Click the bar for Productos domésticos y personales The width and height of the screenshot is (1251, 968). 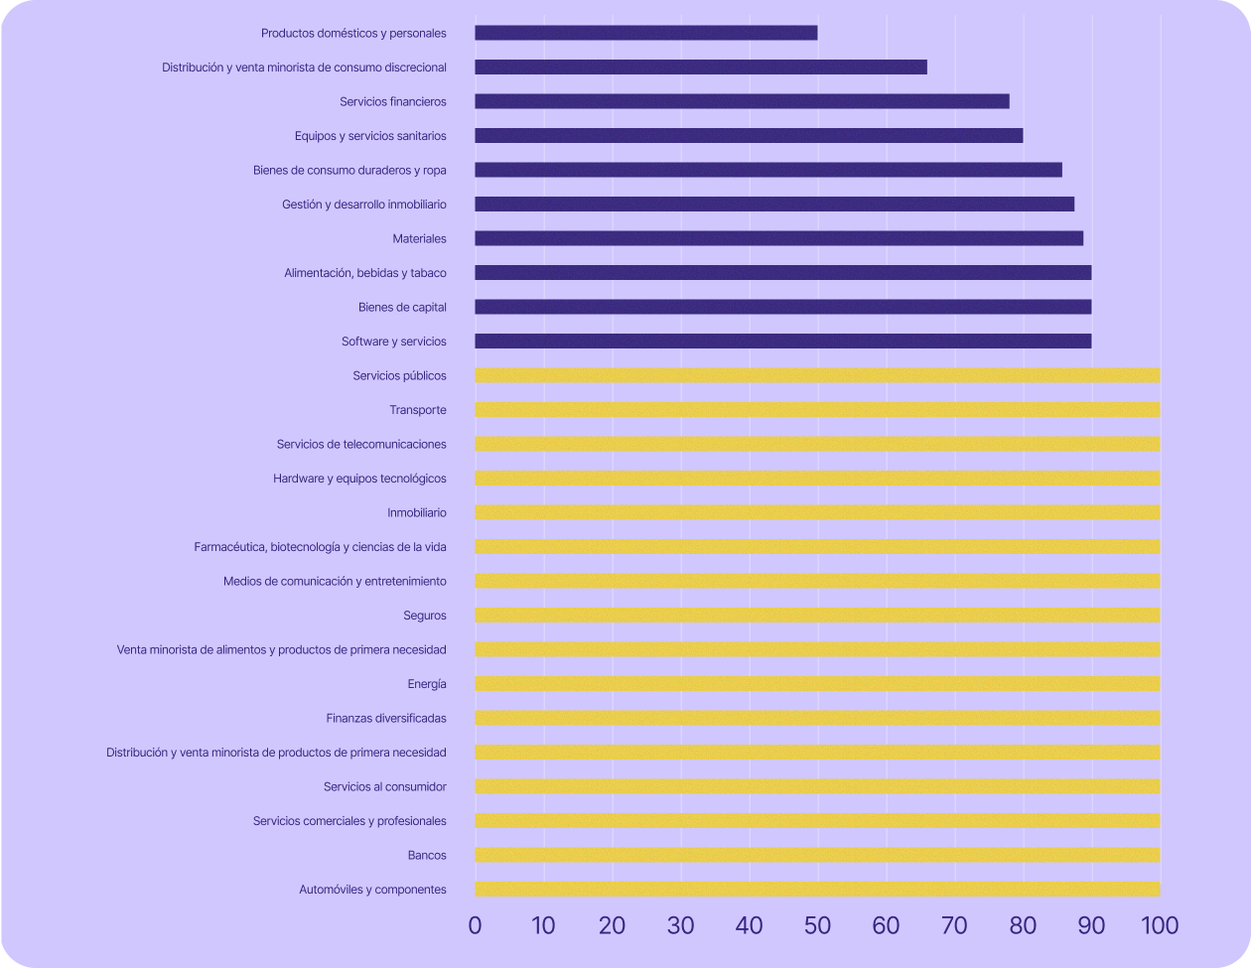coord(645,33)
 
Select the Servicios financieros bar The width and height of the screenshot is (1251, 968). coord(742,101)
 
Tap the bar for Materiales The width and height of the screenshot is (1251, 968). coord(778,238)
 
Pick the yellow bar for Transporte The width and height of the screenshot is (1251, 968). coord(817,410)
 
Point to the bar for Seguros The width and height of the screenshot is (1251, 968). coord(817,616)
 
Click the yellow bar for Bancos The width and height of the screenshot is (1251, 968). coord(817,855)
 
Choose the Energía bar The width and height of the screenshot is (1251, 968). coord(817,684)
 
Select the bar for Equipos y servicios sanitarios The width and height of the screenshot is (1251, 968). coord(749,136)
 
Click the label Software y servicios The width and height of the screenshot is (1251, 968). coord(394,342)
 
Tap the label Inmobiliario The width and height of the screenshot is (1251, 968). coord(417,513)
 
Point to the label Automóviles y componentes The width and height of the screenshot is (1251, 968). coord(372,890)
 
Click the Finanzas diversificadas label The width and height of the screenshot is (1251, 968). coord(386,718)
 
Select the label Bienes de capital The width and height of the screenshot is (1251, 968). coord(402,307)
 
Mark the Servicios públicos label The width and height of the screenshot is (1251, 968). coord(399,376)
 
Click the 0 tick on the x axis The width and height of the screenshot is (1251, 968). coord(475,926)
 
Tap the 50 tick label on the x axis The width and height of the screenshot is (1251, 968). coord(817,926)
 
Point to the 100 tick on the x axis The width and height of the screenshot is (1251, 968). coord(1159,926)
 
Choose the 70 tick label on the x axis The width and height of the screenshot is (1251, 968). coord(954,926)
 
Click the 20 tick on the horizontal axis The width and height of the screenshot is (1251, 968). coord(612,926)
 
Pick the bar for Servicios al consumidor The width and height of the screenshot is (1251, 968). coord(817,786)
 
